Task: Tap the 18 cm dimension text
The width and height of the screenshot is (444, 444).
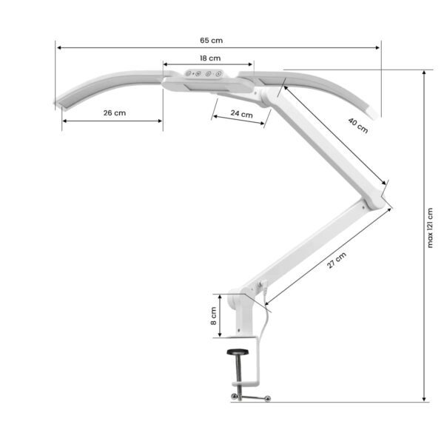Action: tap(209, 58)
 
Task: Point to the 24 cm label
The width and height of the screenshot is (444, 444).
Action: tap(242, 115)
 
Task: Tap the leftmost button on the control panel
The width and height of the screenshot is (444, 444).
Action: tap(189, 74)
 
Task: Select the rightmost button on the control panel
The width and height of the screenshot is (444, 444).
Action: tap(219, 74)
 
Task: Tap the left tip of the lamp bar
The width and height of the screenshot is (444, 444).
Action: tap(58, 103)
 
